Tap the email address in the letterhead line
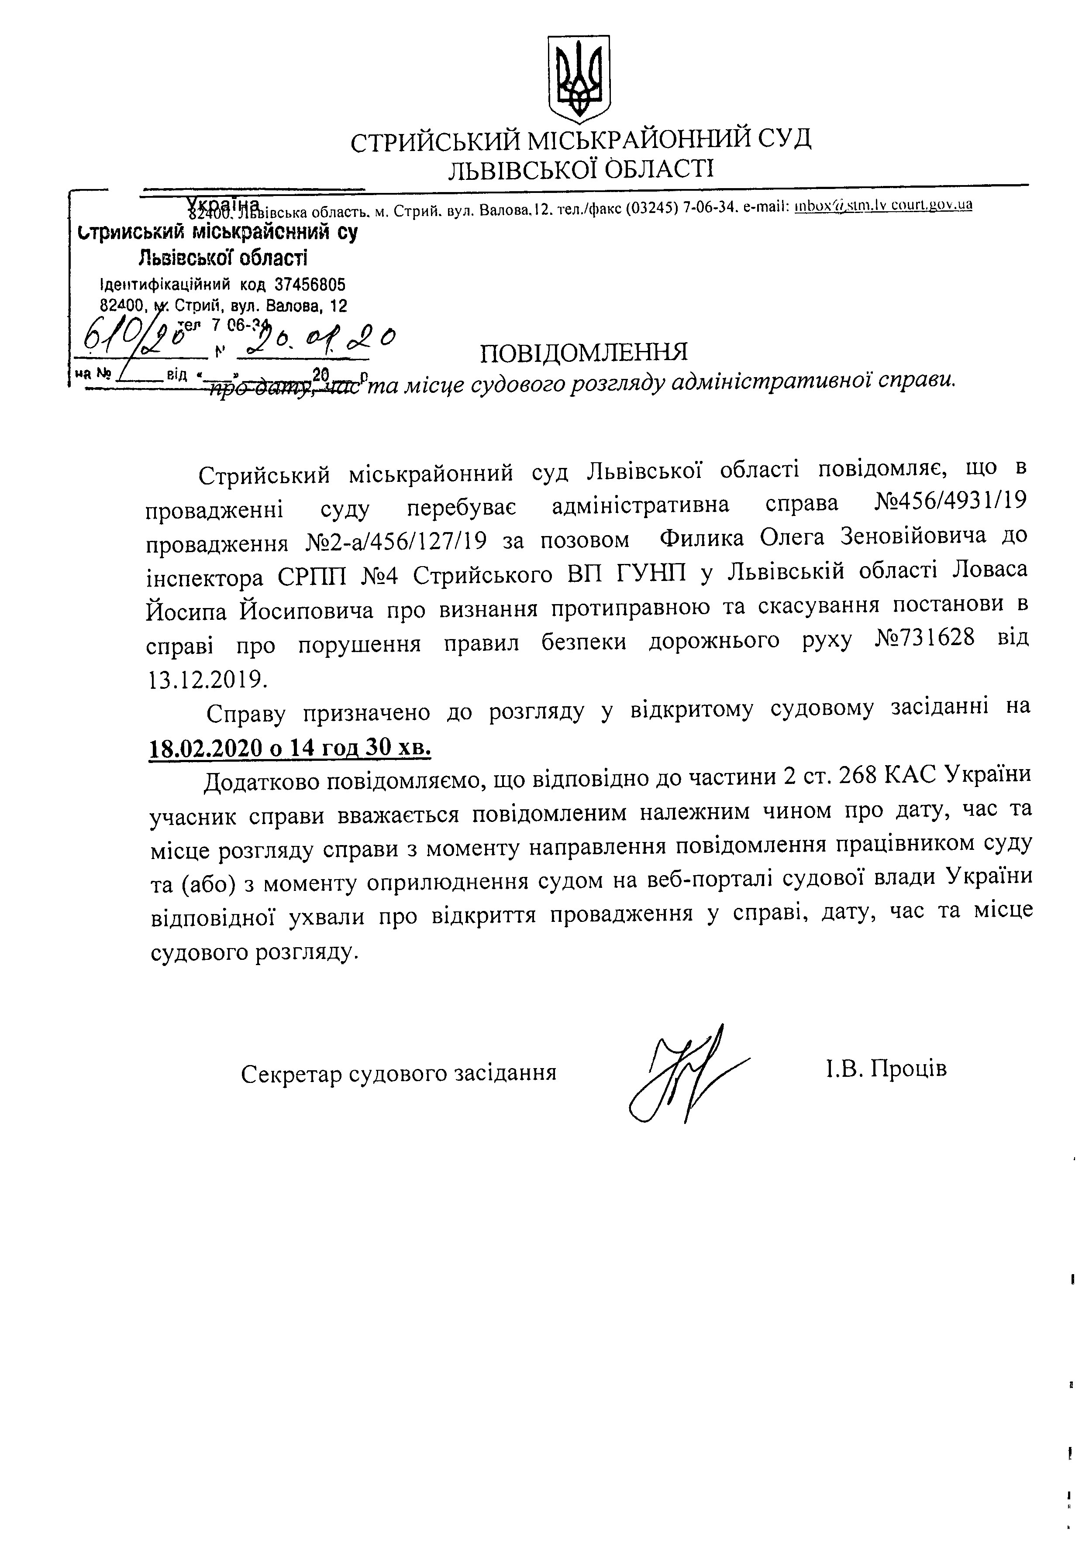[883, 206]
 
